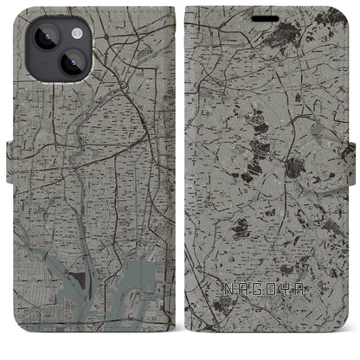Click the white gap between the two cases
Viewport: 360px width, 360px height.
[179, 173]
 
